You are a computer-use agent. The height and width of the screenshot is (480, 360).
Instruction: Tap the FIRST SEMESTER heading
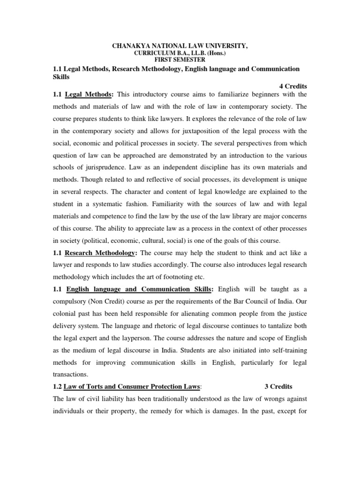[178, 60]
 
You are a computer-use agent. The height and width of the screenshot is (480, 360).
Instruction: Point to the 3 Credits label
[278, 387]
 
